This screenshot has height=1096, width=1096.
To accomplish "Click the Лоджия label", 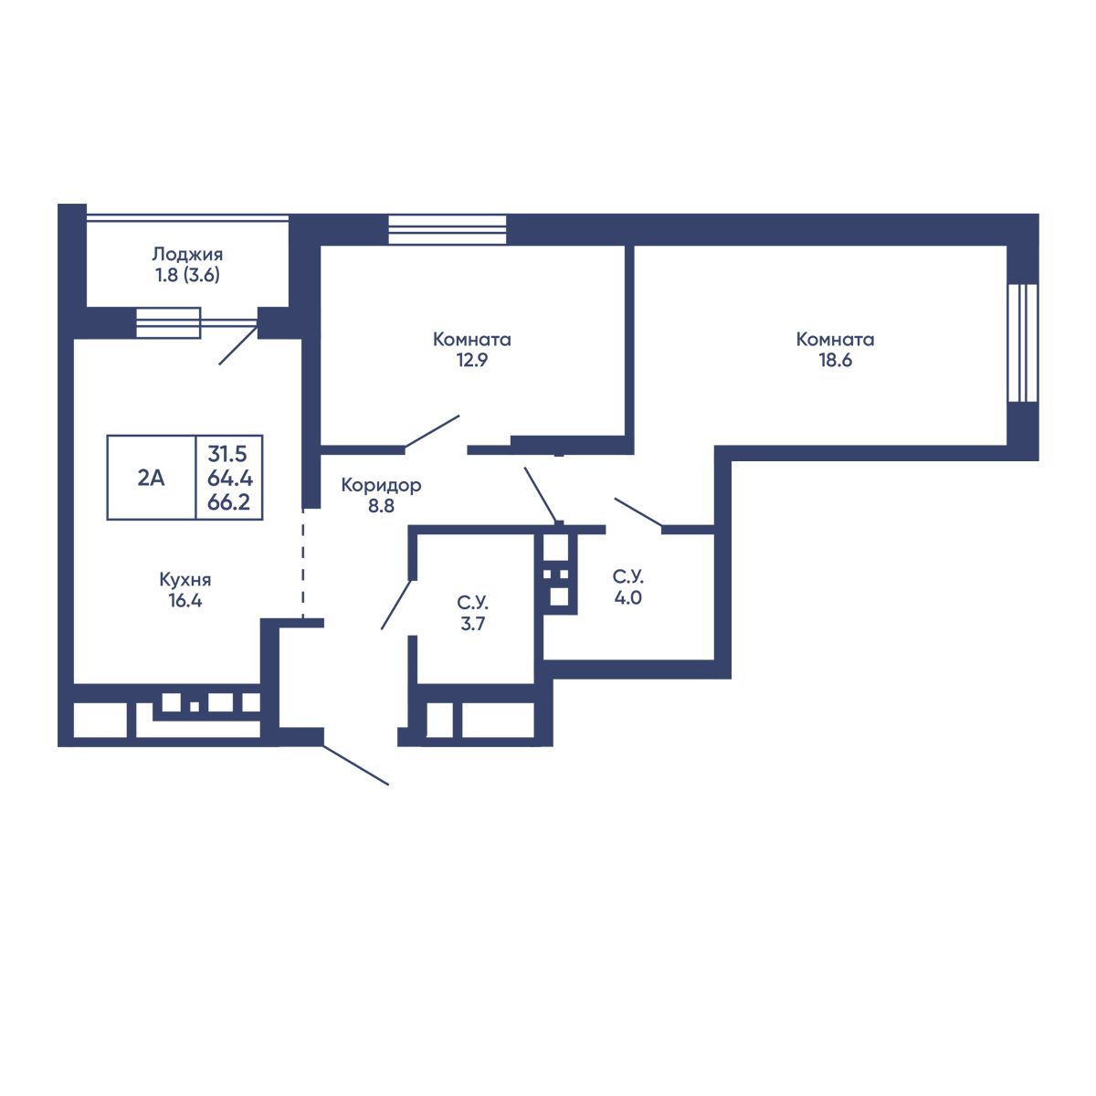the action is click(x=187, y=254).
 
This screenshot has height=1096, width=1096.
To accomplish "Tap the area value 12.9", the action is click(x=472, y=360).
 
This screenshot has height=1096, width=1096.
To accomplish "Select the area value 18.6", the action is click(x=835, y=360).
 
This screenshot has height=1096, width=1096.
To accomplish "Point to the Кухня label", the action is click(x=185, y=580).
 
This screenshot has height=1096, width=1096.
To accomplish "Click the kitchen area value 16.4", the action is click(x=185, y=601).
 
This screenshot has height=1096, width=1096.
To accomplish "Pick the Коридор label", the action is click(x=381, y=485).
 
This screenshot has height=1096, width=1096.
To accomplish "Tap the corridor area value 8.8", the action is click(x=381, y=506).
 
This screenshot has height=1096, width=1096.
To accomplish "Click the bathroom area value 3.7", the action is click(x=472, y=624).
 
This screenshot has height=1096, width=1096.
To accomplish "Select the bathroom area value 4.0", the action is click(x=627, y=597).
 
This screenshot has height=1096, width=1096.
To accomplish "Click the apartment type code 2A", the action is click(x=151, y=479).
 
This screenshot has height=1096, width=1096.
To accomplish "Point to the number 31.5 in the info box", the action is click(x=227, y=454).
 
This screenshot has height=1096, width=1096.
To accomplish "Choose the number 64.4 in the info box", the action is click(x=230, y=479).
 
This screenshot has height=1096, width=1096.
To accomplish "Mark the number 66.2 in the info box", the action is click(x=228, y=502).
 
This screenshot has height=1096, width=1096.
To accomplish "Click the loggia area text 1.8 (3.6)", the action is click(x=187, y=275).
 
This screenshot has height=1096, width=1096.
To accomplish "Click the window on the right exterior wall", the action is click(x=1023, y=343).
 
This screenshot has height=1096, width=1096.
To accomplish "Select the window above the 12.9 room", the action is click(x=447, y=229).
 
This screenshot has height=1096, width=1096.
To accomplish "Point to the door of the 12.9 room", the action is click(x=432, y=432).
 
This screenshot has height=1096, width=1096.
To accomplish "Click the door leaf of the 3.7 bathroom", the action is click(x=396, y=604).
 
